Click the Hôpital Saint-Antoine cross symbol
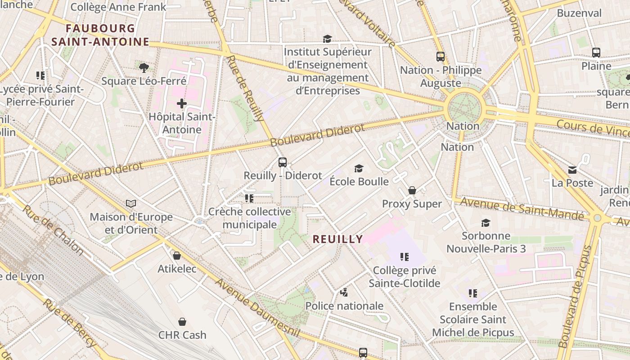point(182,104)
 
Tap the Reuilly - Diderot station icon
point(283,162)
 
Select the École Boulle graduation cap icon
point(359,168)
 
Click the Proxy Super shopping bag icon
point(412,191)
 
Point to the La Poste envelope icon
point(572,170)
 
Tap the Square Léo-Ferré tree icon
point(144,68)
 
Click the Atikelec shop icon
point(177,256)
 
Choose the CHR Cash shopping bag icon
point(182,322)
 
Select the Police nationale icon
point(344,292)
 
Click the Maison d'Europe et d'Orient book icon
point(131,204)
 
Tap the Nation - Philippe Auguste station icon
point(441,57)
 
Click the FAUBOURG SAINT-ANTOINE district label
point(100,35)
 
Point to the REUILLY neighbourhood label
point(337,239)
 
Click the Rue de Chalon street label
point(53,230)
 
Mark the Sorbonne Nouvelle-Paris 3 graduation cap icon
point(486,223)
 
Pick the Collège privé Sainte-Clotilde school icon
point(404,257)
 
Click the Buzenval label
point(579,13)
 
